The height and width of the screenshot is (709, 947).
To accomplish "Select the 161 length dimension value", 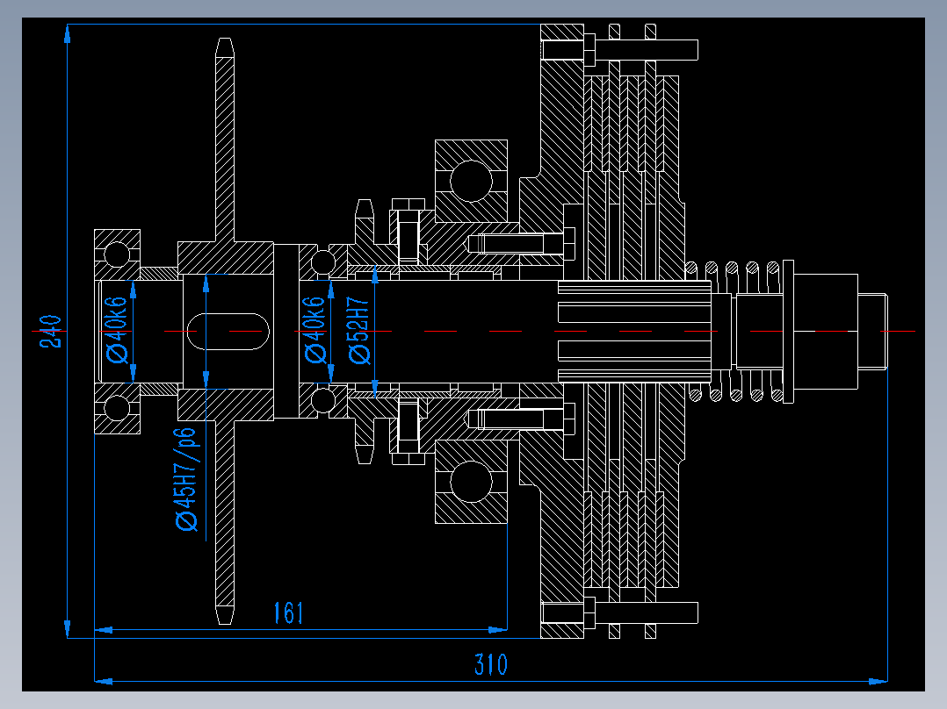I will (x=288, y=612).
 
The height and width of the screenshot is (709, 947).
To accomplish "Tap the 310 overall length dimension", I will (x=490, y=664).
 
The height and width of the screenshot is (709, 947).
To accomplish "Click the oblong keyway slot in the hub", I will (x=228, y=331).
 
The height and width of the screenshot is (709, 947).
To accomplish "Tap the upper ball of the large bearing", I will (x=471, y=181).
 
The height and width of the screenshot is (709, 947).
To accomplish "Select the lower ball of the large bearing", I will (x=471, y=482).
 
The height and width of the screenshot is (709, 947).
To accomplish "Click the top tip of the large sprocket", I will (x=226, y=44).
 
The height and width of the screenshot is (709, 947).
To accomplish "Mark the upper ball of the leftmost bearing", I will (x=117, y=254).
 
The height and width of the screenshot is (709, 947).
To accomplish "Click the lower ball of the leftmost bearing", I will (x=117, y=407).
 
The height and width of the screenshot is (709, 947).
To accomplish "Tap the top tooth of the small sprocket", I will (x=364, y=209).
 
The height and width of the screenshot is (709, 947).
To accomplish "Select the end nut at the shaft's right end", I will (x=871, y=331).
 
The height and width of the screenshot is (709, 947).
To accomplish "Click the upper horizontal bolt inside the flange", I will (x=518, y=242).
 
